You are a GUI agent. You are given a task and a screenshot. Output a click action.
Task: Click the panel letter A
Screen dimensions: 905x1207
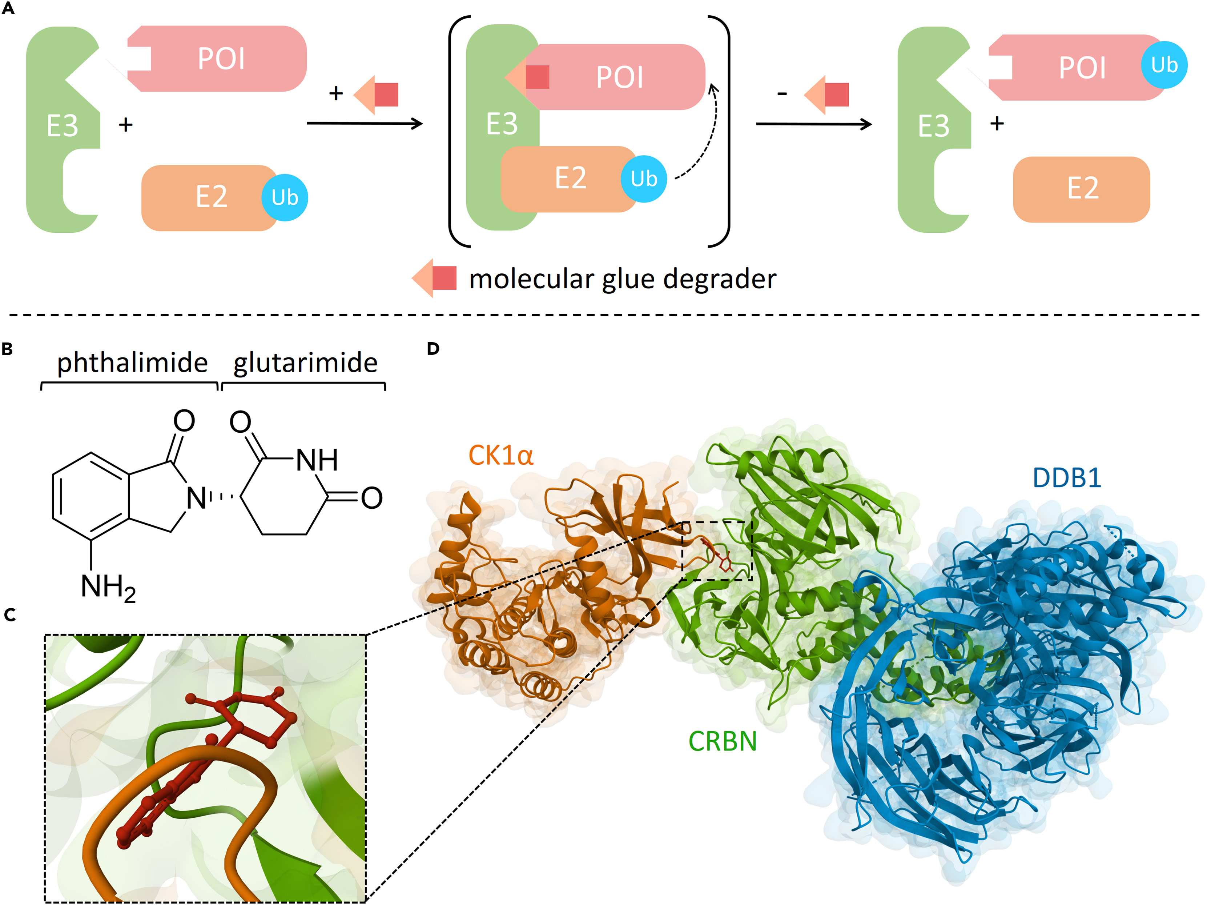tap(8, 8)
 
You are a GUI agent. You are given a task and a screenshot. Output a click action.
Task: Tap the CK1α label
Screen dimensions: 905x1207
tap(500, 455)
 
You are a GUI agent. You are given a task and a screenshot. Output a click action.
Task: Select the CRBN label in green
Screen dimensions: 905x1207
tap(723, 741)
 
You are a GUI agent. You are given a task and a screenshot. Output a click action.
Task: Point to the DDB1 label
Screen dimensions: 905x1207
tap(1067, 478)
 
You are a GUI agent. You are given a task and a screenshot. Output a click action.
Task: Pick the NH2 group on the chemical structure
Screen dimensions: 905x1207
tap(108, 588)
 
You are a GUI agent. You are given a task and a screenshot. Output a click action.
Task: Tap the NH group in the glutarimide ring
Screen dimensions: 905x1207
tap(317, 460)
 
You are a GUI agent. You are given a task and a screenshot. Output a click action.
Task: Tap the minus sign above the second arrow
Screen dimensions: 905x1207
tap(782, 94)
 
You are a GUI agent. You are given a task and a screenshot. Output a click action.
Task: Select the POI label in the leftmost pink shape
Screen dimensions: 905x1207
tap(221, 59)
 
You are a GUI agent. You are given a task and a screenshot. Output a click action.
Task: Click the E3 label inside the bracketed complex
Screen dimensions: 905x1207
tap(502, 124)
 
